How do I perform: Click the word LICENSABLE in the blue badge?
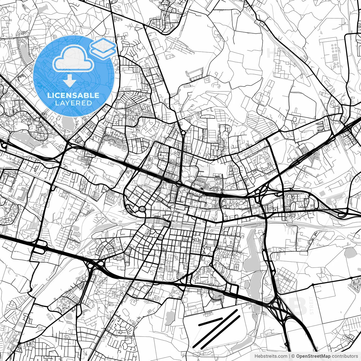[x=73, y=95]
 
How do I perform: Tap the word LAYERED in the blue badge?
[x=73, y=103]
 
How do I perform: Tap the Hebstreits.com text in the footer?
[x=271, y=356]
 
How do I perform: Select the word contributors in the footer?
[x=347, y=356]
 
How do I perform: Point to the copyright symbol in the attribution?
[x=293, y=356]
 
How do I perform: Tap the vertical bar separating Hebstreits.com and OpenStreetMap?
[x=290, y=356]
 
